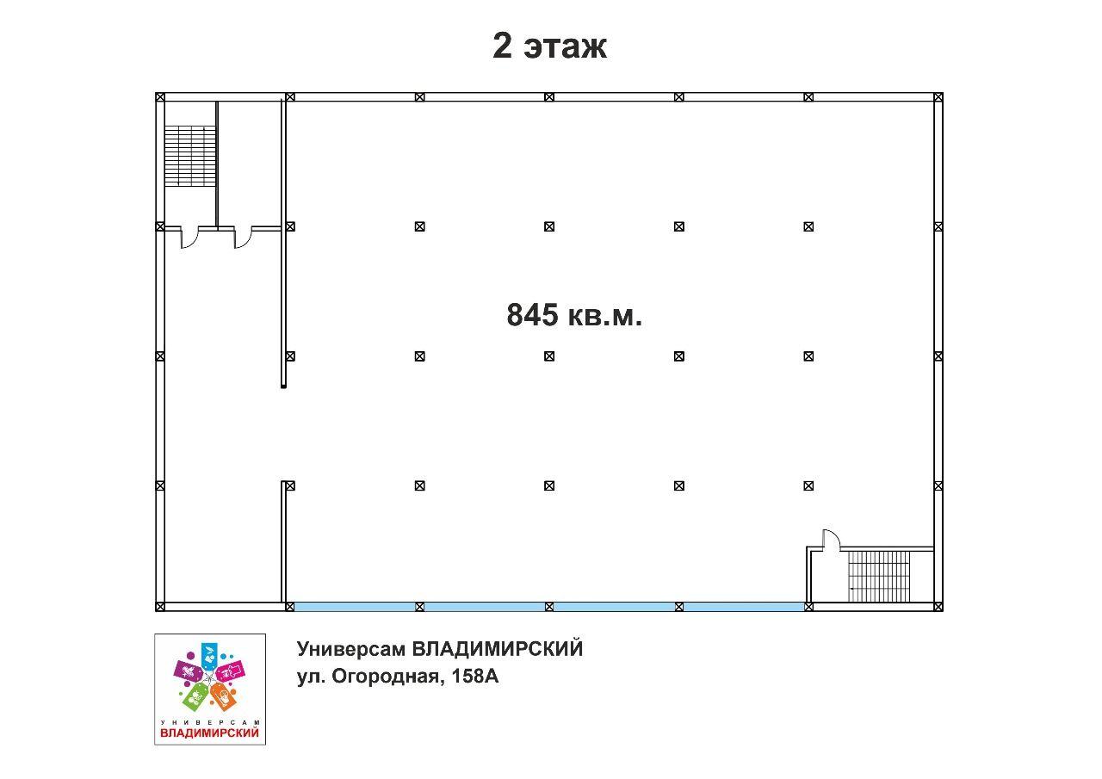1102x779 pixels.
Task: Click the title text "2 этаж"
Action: coord(549,46)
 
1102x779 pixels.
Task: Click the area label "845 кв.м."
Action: coord(574,315)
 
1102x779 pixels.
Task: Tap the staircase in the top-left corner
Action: coord(190,156)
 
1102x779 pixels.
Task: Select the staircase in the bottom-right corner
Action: coord(879,577)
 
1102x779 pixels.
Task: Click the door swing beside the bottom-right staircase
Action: coord(832,537)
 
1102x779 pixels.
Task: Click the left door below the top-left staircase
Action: coord(189,238)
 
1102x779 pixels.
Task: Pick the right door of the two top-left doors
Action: coord(243,238)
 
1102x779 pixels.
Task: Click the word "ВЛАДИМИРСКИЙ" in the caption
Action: coord(498,649)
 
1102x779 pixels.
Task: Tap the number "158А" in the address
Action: coord(474,677)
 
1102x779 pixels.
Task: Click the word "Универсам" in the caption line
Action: coord(350,650)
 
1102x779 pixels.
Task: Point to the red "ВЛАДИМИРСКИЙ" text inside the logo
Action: coord(210,733)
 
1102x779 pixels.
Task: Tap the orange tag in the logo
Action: coord(223,696)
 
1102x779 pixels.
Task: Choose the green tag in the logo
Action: coord(195,696)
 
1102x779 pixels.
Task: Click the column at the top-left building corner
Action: coord(160,97)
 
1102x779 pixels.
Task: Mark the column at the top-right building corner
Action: coord(938,97)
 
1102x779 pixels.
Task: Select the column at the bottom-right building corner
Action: coord(938,607)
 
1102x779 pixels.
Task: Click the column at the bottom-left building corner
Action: coord(160,607)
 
